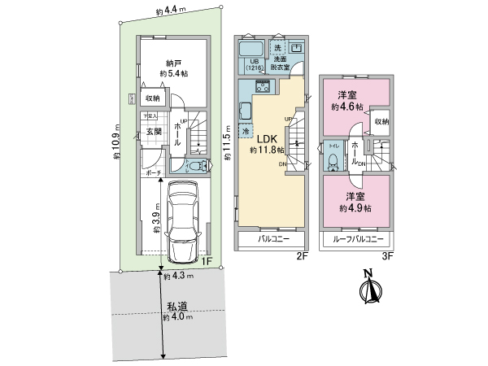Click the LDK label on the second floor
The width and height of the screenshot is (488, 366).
268,139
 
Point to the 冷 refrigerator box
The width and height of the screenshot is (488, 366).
246,129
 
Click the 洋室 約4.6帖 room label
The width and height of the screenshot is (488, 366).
348,99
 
